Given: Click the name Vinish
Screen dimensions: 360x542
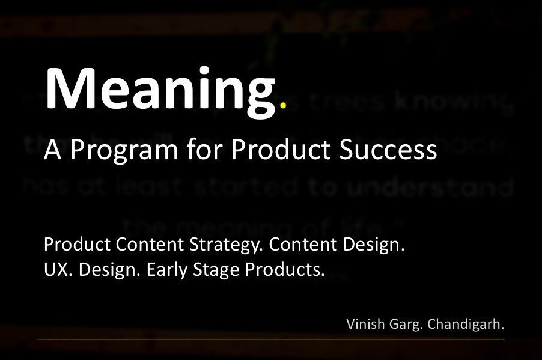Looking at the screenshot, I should coord(365,324).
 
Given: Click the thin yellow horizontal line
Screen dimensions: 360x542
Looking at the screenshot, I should coord(270,340).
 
